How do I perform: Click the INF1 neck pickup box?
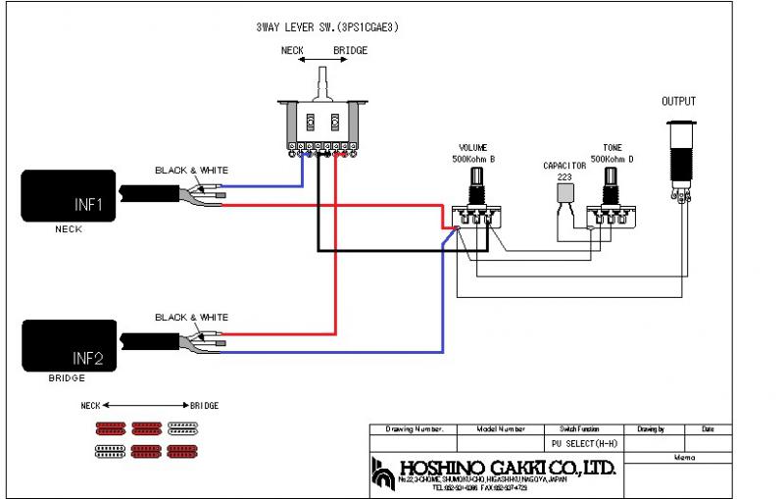pyautogui.click(x=68, y=195)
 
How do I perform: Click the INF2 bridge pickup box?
pyautogui.click(x=68, y=345)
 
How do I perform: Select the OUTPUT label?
pyautogui.click(x=678, y=102)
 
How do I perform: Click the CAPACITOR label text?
pyautogui.click(x=564, y=167)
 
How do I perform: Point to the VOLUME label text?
pyautogui.click(x=473, y=148)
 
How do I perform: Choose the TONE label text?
pyautogui.click(x=612, y=148)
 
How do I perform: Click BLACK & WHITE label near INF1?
pyautogui.click(x=191, y=171)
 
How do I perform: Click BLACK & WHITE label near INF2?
pyautogui.click(x=191, y=318)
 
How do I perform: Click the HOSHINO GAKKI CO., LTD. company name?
pyautogui.click(x=507, y=468)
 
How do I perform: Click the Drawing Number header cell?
pyautogui.click(x=415, y=429)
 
